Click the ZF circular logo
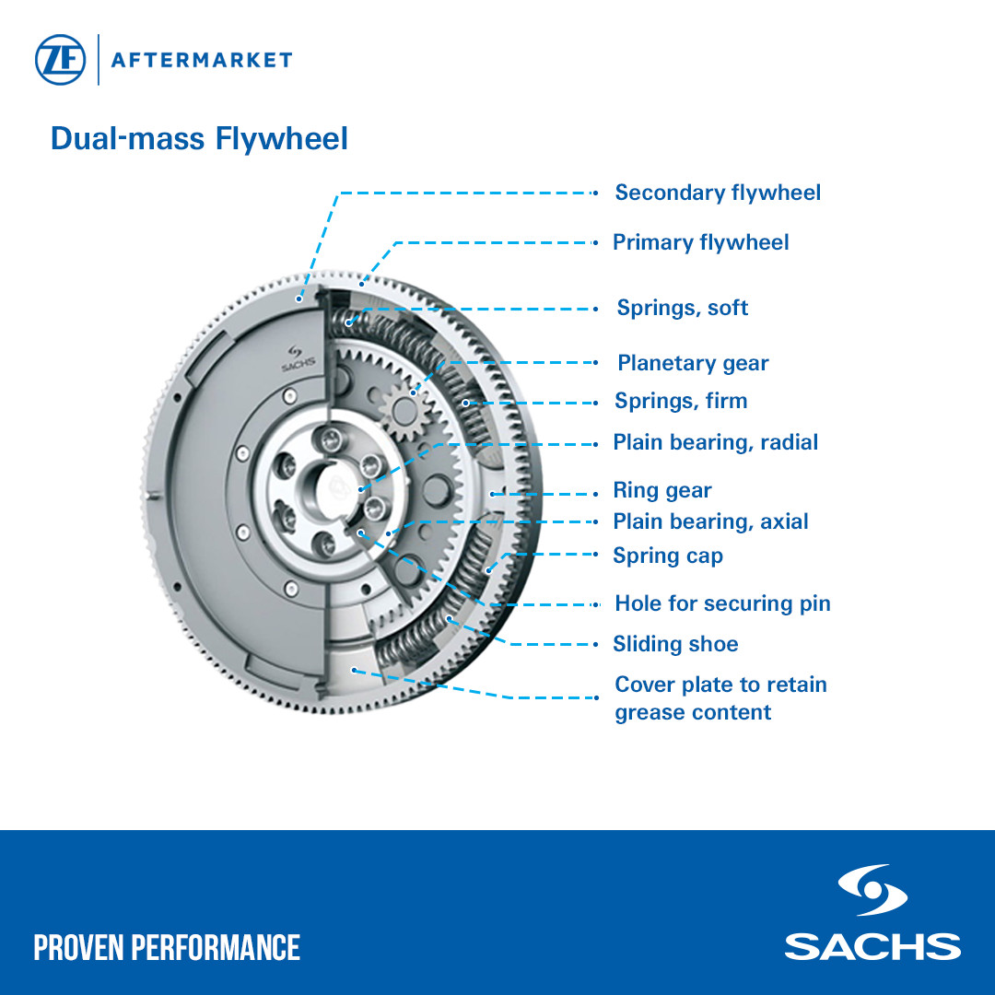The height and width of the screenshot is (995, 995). (61, 60)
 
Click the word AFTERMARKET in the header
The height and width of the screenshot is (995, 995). (201, 61)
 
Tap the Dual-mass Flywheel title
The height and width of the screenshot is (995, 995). (199, 139)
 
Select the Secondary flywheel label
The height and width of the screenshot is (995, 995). (718, 193)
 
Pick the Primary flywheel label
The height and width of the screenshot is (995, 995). (700, 242)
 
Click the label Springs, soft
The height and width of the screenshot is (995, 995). (682, 308)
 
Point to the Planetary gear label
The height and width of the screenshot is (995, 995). (693, 363)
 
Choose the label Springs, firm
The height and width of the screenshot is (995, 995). (681, 401)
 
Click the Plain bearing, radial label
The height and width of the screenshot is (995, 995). (716, 442)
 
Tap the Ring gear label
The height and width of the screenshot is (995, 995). (662, 490)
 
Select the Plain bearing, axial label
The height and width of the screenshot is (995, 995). (710, 521)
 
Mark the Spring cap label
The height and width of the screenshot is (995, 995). (668, 556)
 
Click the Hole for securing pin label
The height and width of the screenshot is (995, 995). (722, 603)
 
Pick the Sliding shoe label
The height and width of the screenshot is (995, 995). (675, 644)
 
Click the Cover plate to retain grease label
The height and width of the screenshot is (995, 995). (720, 697)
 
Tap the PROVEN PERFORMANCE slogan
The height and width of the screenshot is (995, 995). (167, 947)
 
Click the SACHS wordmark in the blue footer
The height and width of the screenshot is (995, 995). (872, 946)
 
